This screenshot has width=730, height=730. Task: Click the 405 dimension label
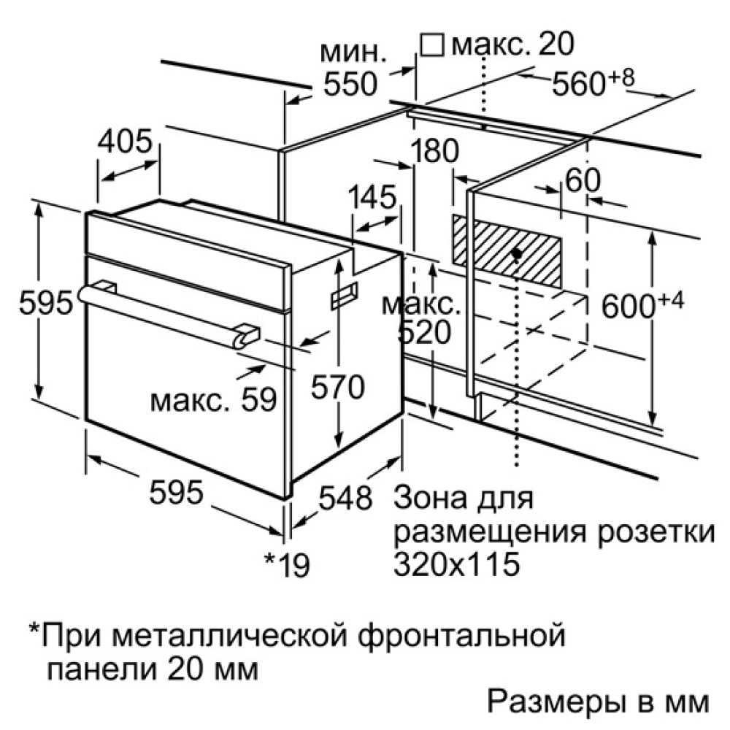pos(125,140)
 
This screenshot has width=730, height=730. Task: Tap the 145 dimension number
pos(373,197)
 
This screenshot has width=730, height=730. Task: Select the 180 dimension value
pos(436,150)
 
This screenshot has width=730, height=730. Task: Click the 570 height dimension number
pos(337,387)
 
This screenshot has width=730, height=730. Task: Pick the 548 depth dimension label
pos(345,497)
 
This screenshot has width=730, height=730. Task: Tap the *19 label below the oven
pos(287,564)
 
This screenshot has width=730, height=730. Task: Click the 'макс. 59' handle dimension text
pos(214,399)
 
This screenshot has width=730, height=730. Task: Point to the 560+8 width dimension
pos(593,82)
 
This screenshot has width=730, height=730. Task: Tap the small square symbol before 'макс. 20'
pos(431,45)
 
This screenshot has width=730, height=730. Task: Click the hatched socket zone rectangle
pos(507,251)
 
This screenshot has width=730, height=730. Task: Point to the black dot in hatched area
pos(516,253)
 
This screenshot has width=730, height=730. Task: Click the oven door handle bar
pos(169,315)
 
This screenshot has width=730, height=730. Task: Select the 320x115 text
pos(456,564)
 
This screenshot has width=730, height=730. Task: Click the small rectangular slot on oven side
pos(344,296)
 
